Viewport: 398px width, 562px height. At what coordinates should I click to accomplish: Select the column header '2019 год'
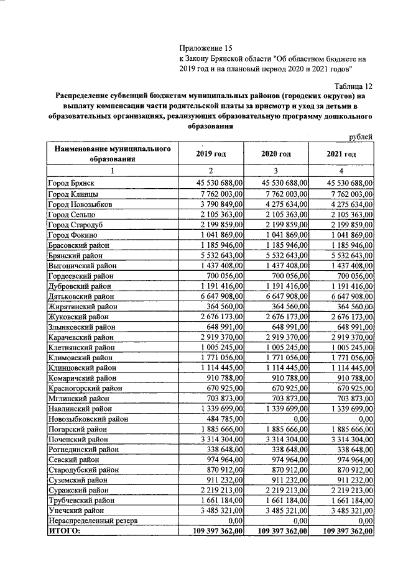[x=210, y=154]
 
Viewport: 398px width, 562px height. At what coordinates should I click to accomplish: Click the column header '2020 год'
[x=276, y=154]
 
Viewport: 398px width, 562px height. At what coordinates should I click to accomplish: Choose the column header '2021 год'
[x=341, y=154]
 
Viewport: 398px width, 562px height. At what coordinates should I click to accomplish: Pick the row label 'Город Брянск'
[x=71, y=184]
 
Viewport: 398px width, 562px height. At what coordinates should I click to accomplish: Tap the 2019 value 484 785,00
[x=224, y=419]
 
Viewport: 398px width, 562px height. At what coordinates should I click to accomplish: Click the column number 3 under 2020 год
[x=276, y=171]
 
